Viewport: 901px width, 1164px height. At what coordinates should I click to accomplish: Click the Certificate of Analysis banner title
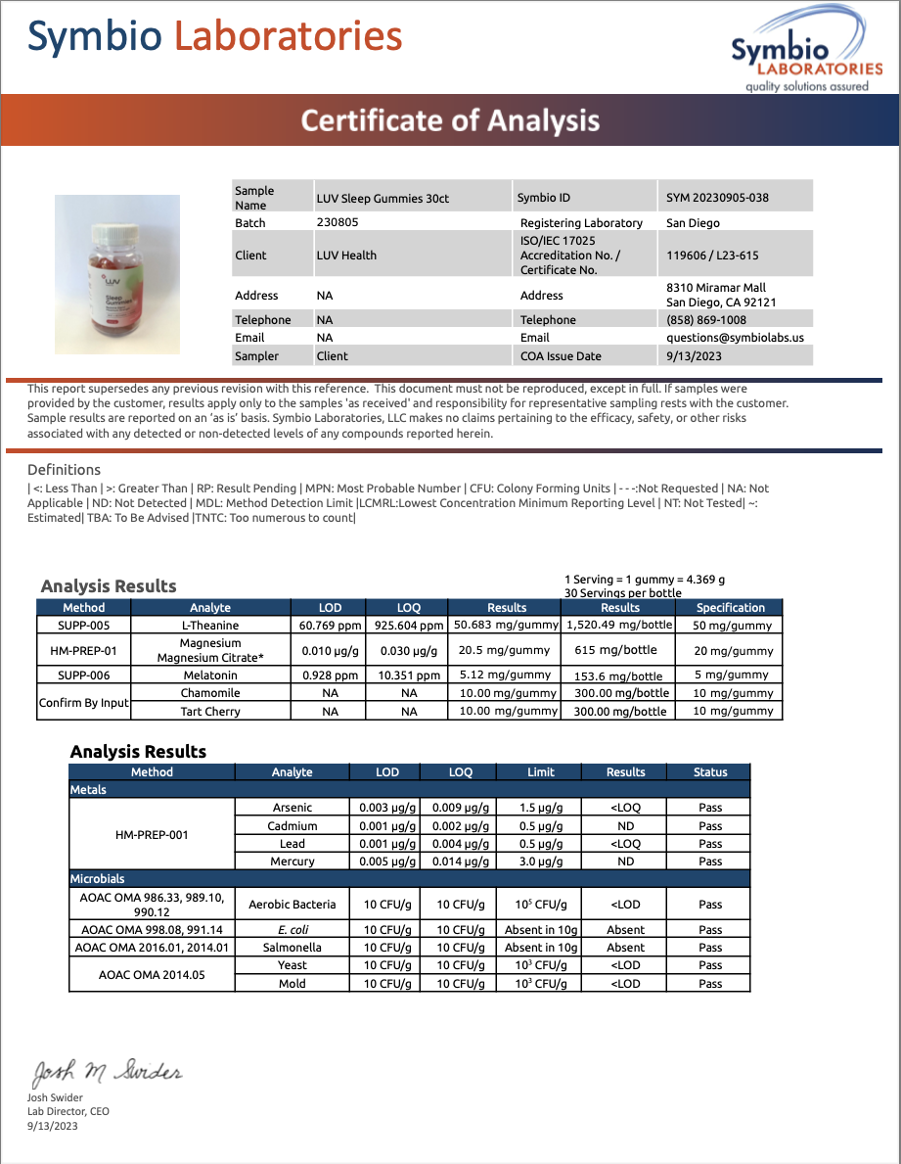coord(450,120)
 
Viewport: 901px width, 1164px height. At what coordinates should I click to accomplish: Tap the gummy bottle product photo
coord(117,274)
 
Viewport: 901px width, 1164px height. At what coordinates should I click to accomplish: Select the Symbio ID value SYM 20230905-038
coord(717,198)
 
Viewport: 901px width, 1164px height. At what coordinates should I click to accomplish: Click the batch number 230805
coord(338,222)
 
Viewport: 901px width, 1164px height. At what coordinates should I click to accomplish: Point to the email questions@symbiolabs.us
coord(735,338)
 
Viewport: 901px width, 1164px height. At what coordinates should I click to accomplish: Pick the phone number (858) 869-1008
coord(705,320)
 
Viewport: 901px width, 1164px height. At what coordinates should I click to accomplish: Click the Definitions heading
coord(64,470)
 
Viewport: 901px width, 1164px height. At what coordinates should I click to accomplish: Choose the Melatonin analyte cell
coord(210,675)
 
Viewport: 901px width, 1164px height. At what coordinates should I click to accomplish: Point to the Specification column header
coord(730,607)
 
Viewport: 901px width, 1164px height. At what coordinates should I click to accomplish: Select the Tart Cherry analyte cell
coord(210,712)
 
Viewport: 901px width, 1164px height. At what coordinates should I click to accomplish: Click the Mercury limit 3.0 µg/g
coord(540,861)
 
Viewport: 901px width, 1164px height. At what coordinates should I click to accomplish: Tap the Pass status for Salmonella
coord(710,948)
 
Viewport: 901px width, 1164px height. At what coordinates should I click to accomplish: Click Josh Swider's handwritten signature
coord(108,1073)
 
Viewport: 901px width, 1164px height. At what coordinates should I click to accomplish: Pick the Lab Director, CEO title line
coord(68,1111)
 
